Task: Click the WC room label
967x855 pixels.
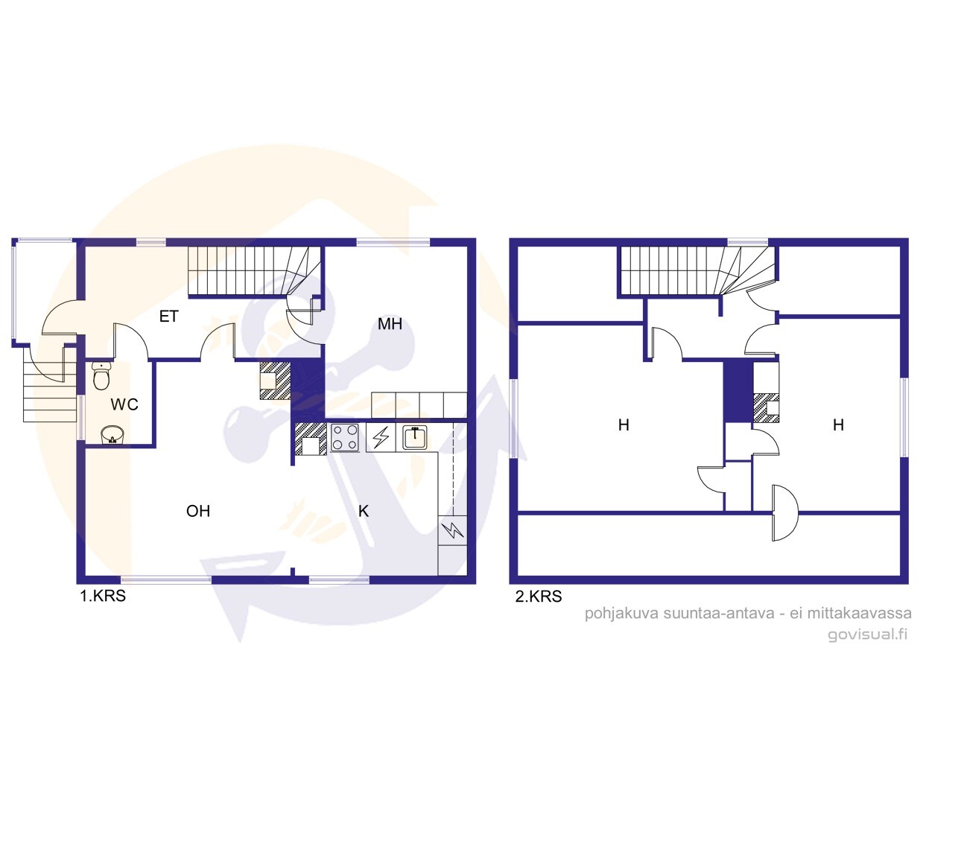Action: pyautogui.click(x=124, y=404)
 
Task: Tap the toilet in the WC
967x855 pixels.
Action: pyautogui.click(x=101, y=375)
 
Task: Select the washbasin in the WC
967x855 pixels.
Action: pyautogui.click(x=112, y=435)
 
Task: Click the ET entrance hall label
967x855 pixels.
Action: pyautogui.click(x=169, y=317)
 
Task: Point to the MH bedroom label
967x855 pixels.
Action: pyautogui.click(x=390, y=324)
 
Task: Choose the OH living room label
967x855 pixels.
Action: pyautogui.click(x=198, y=511)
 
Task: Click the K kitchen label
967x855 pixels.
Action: pyautogui.click(x=364, y=511)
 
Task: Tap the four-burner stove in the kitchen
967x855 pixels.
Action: pyautogui.click(x=345, y=437)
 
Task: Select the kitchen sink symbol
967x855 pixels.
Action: pyautogui.click(x=414, y=437)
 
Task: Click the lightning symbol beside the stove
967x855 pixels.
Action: pyautogui.click(x=381, y=437)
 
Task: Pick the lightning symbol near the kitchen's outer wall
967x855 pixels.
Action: pyautogui.click(x=452, y=530)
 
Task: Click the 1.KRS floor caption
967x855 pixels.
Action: pyautogui.click(x=103, y=596)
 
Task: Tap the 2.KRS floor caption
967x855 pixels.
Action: pyautogui.click(x=539, y=597)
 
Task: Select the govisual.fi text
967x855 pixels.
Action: pyautogui.click(x=867, y=634)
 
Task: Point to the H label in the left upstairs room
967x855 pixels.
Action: pyautogui.click(x=624, y=425)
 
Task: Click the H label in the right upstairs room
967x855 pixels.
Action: pyautogui.click(x=838, y=425)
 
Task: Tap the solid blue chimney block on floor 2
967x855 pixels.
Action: pyautogui.click(x=738, y=391)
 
